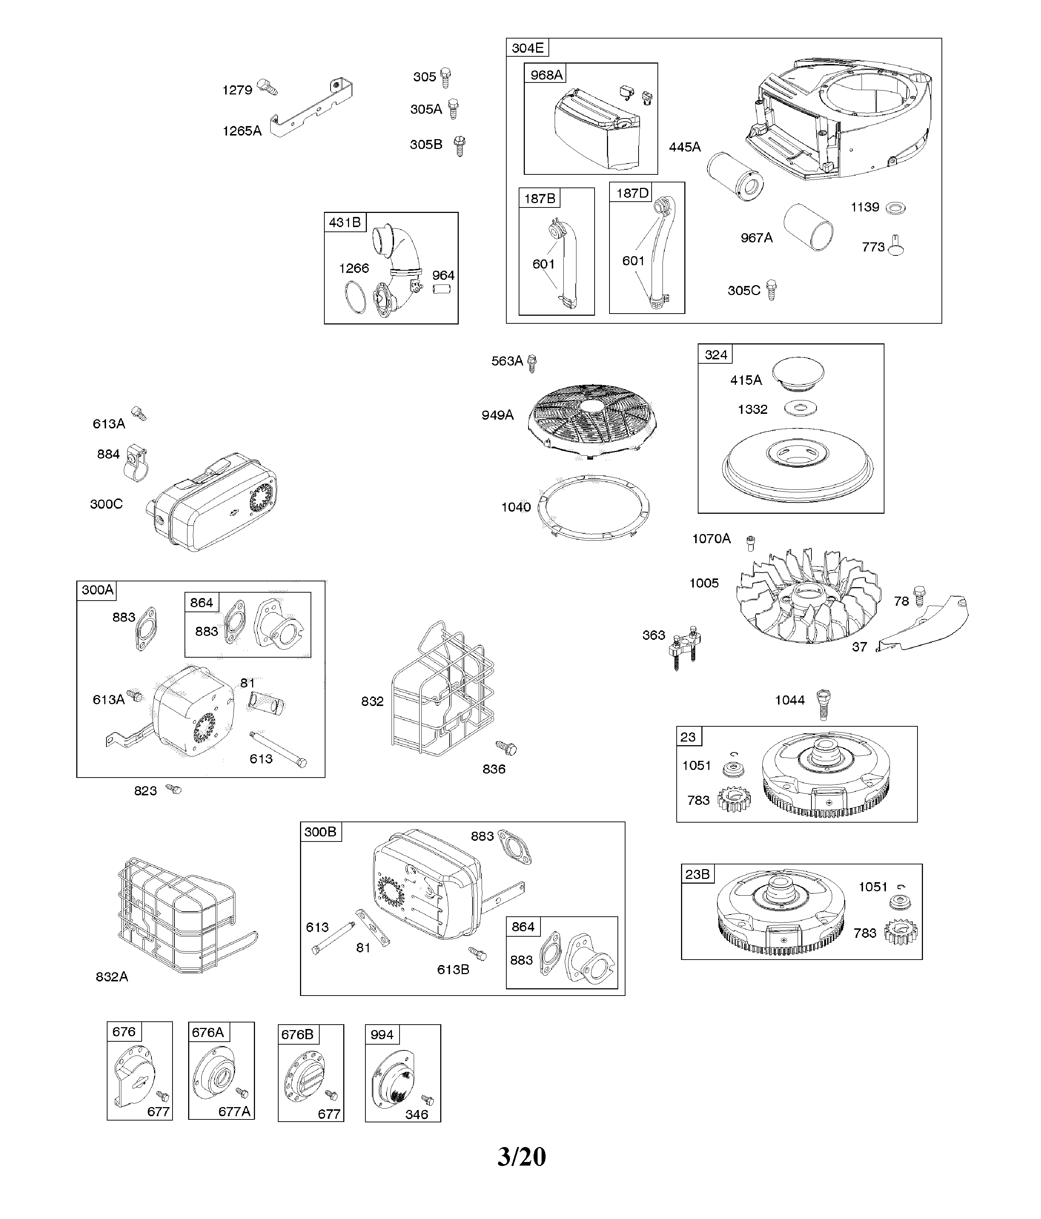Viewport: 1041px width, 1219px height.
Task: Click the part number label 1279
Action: pyautogui.click(x=237, y=90)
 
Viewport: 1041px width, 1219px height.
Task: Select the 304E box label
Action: pyautogui.click(x=527, y=48)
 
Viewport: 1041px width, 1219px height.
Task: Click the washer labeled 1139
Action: pyautogui.click(x=895, y=208)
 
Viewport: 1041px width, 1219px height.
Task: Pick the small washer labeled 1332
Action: pyautogui.click(x=801, y=408)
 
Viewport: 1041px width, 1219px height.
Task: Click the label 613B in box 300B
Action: pyautogui.click(x=453, y=969)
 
